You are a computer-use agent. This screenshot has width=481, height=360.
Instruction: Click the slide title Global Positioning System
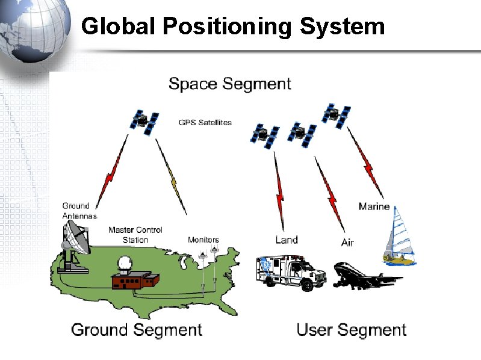click(x=232, y=26)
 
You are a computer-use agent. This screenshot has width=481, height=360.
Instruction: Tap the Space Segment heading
click(x=229, y=84)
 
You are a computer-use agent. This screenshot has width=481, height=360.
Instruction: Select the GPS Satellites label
click(x=205, y=123)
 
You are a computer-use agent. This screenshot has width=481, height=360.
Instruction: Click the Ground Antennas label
click(x=79, y=211)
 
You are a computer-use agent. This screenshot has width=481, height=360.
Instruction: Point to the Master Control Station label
click(x=135, y=235)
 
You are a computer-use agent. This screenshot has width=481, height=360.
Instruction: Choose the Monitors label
click(x=203, y=240)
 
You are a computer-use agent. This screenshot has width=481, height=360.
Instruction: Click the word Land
click(x=287, y=240)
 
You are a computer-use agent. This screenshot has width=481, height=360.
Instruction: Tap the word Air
click(x=347, y=243)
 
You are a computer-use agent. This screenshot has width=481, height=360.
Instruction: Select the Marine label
click(x=374, y=206)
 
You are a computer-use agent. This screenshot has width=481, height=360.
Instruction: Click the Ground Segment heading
click(x=137, y=330)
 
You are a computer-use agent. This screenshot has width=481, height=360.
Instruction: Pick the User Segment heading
click(x=352, y=330)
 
